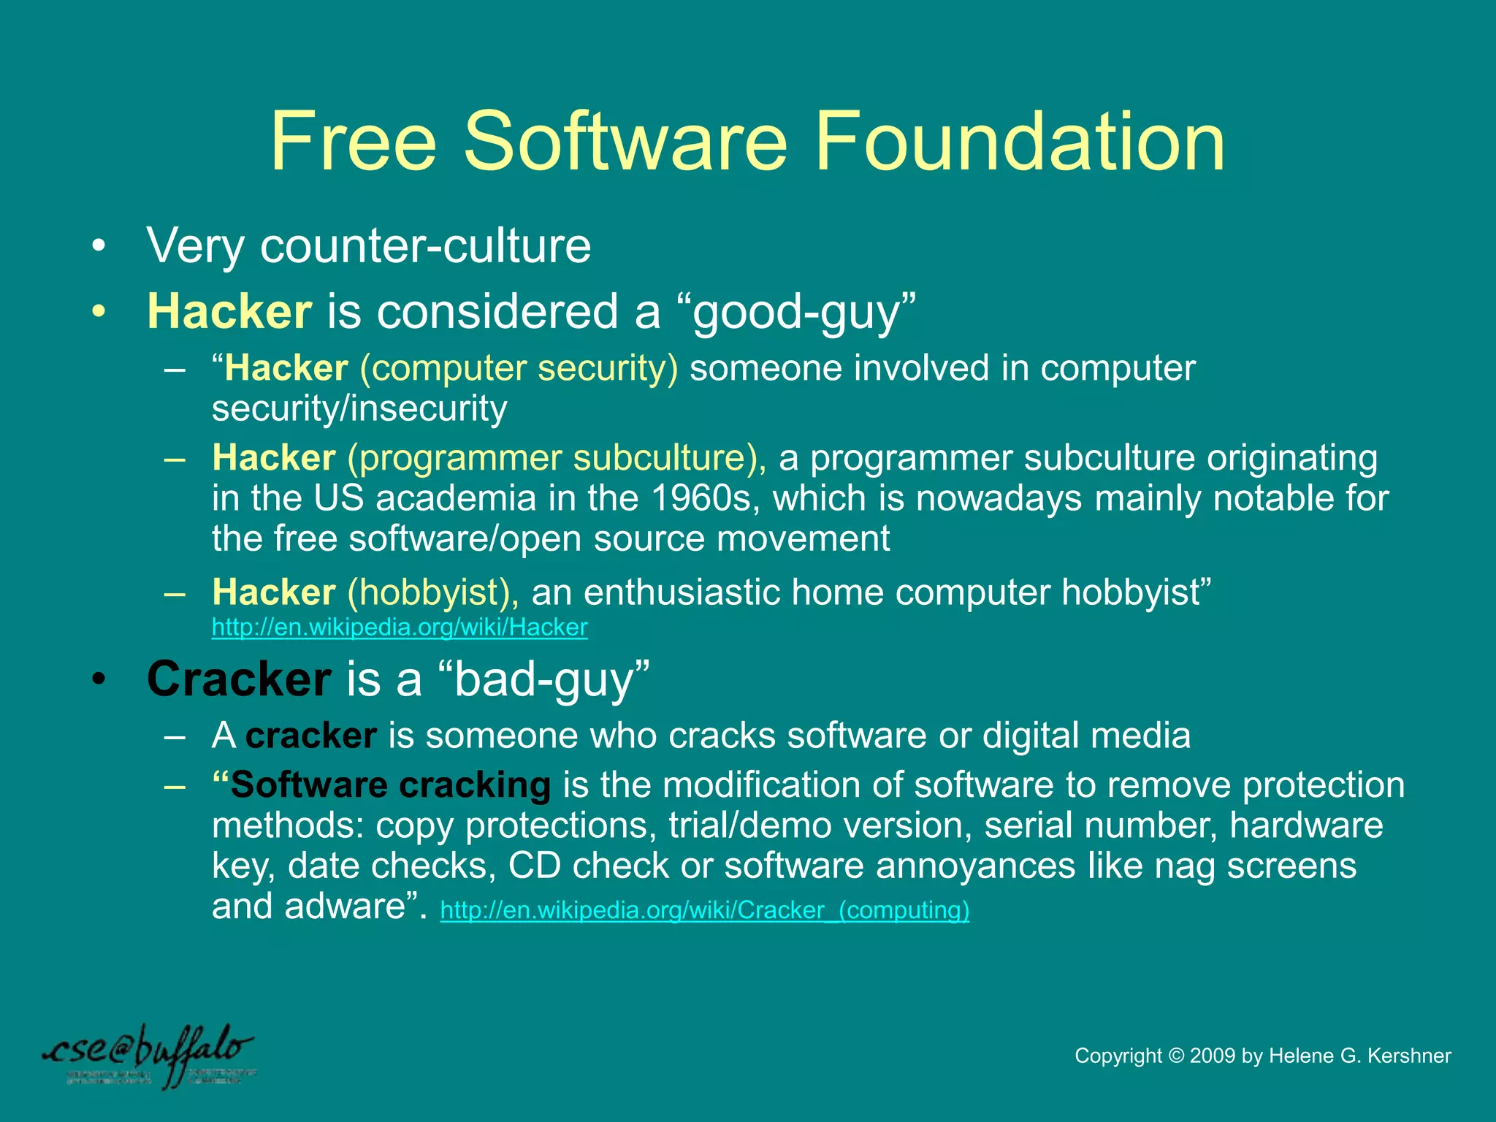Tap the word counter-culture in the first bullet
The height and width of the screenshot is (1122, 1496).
pos(425,245)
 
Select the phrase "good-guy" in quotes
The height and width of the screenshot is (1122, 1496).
pos(804,313)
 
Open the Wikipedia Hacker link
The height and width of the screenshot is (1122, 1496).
pos(400,627)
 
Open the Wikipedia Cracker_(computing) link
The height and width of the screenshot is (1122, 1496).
pos(705,910)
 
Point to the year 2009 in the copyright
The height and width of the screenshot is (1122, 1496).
pos(1213,1056)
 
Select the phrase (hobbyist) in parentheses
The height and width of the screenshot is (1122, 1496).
pos(433,592)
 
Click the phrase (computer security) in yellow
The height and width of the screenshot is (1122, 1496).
pos(519,368)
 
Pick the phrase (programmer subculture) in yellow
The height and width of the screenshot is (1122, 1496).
pos(557,458)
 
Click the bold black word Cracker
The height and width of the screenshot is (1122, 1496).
pos(239,679)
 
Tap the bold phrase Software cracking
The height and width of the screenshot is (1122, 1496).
pos(390,785)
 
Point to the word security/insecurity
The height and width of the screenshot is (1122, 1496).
pos(359,408)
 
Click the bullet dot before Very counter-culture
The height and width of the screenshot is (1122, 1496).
pos(99,246)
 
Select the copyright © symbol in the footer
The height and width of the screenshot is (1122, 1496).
pos(1176,1056)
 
